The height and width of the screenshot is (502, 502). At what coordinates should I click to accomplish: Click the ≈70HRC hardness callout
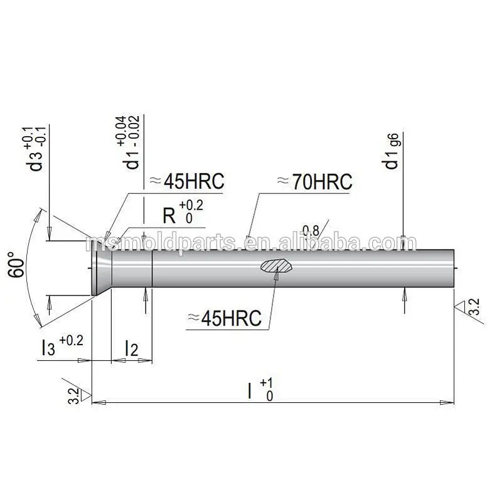(314, 182)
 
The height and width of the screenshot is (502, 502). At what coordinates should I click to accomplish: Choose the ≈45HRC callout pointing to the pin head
(184, 182)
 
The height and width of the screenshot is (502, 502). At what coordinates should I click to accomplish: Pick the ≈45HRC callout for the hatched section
(223, 318)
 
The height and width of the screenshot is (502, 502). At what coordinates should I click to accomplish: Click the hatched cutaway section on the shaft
(276, 266)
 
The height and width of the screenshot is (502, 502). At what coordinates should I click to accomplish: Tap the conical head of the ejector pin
(100, 269)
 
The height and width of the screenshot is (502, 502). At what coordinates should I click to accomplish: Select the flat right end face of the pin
(454, 269)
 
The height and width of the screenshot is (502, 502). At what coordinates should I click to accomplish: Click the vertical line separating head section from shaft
(153, 269)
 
